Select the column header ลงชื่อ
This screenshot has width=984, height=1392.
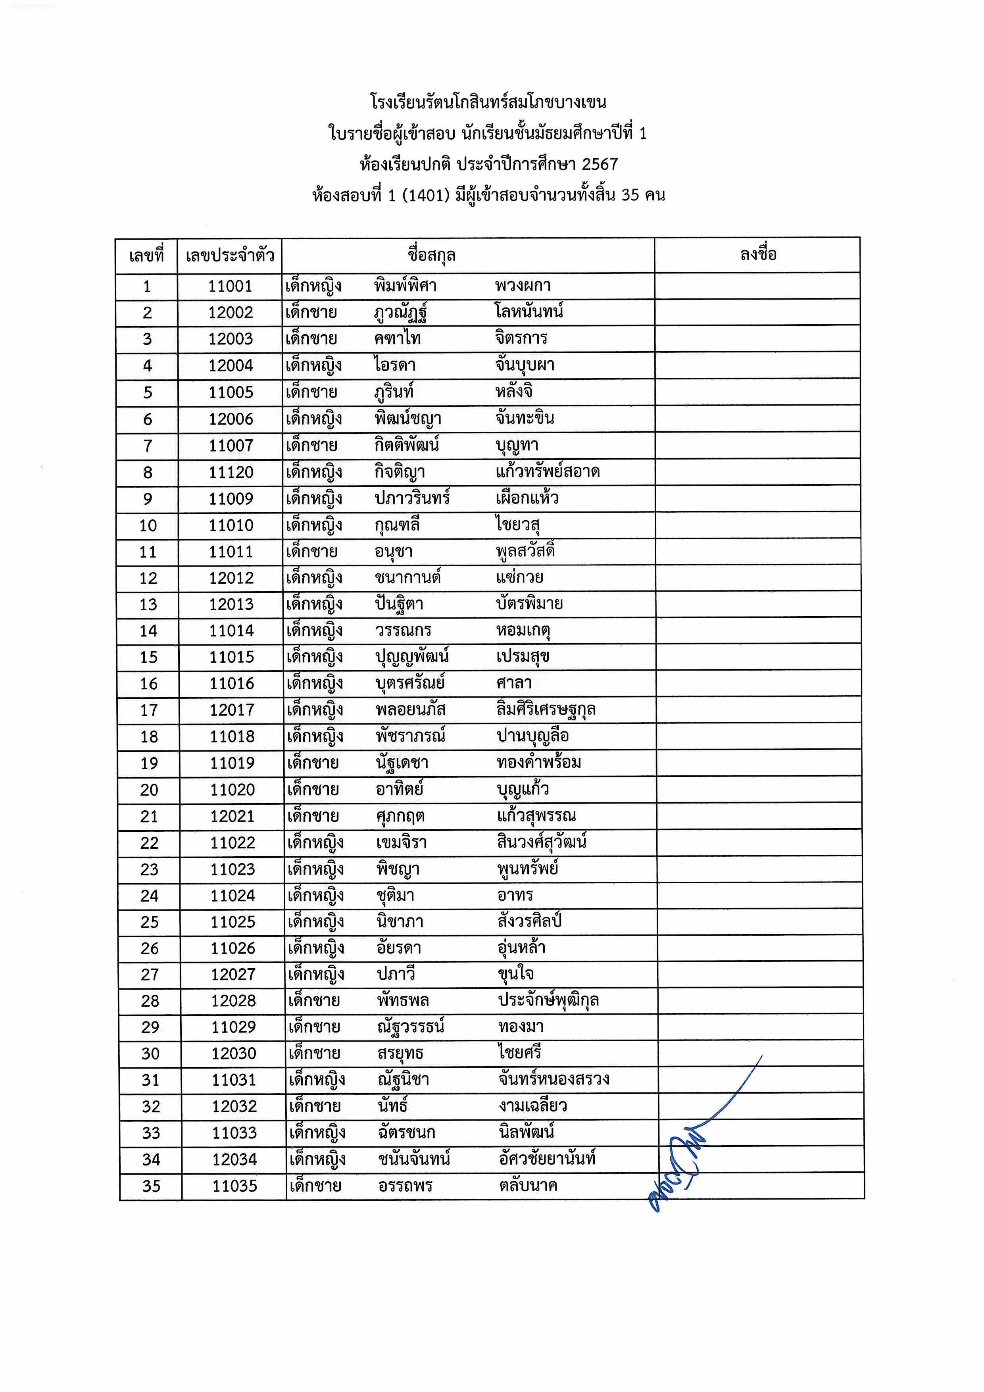(x=758, y=255)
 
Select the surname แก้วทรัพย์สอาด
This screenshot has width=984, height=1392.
(x=548, y=472)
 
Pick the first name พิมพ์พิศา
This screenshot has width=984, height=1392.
(x=405, y=286)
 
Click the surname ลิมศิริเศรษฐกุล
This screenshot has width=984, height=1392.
(x=546, y=709)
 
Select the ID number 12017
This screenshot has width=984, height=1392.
(x=232, y=710)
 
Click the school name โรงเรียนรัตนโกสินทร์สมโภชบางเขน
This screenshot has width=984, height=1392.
(x=488, y=102)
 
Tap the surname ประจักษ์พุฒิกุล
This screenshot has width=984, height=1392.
(x=548, y=1000)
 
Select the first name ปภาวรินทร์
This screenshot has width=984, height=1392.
(x=412, y=498)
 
